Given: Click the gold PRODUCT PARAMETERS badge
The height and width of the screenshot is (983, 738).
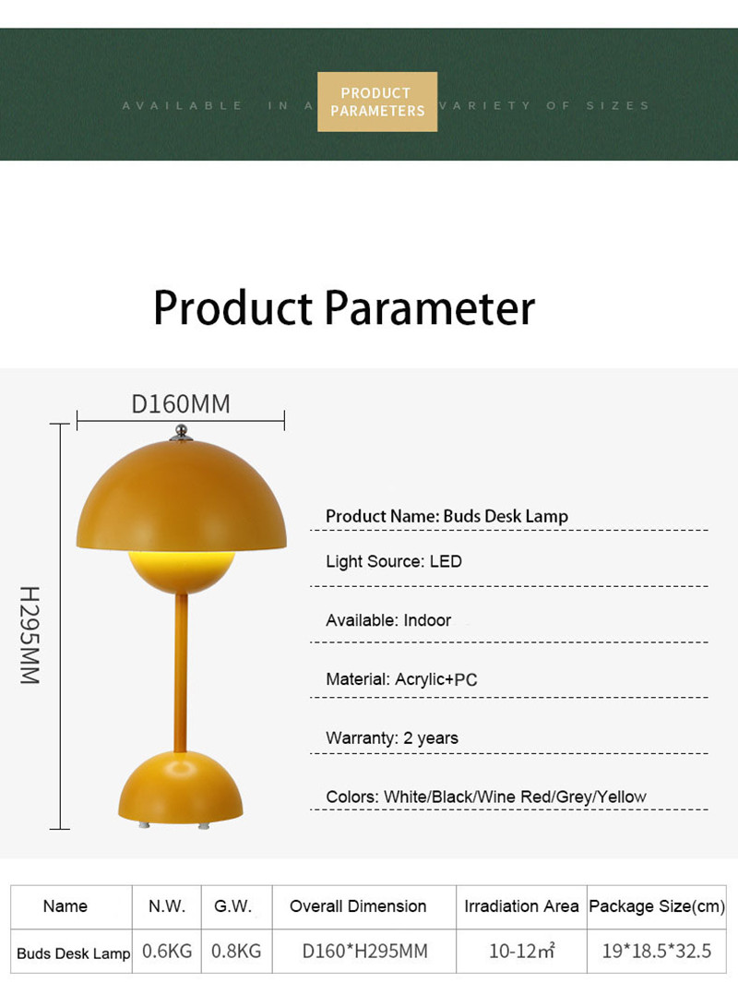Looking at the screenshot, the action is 377,102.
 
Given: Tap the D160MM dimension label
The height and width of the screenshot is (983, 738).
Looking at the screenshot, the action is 181,403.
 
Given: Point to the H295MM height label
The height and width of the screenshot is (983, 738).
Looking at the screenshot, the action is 30,635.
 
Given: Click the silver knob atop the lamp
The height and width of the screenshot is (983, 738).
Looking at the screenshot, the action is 181,432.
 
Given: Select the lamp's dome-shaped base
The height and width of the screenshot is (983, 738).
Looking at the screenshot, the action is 181,787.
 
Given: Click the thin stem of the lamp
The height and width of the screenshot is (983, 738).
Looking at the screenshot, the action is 181,673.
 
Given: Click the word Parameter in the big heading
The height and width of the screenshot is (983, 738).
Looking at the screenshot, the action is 430,307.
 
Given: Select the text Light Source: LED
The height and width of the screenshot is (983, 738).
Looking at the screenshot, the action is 393,561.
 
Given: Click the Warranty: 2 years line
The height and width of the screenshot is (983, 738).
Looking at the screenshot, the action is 391,737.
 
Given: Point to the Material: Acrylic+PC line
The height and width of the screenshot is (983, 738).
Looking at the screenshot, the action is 401,679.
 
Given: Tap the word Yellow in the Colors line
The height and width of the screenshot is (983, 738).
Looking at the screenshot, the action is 622,797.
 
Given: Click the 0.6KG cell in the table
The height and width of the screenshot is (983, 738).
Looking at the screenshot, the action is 167,951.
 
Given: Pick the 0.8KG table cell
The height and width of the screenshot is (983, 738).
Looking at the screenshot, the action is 236,951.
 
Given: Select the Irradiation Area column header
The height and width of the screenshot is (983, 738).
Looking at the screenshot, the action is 521,905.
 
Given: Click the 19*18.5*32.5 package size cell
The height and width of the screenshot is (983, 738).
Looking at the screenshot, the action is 657,951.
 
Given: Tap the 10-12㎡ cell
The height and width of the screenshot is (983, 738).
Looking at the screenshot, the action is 521,951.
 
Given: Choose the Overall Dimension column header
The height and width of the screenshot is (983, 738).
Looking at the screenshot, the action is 358,905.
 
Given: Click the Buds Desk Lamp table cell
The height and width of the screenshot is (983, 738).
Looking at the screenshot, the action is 73,953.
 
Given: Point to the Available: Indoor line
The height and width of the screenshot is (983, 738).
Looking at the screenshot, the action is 388,620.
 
